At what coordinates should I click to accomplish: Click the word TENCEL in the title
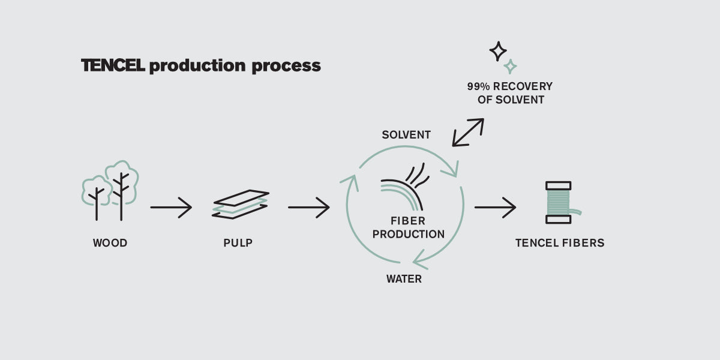(x=113, y=65)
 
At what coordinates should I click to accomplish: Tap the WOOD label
(x=110, y=243)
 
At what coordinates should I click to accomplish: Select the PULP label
(x=238, y=243)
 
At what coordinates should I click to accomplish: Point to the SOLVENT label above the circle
(x=406, y=135)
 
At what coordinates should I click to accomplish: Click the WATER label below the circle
(x=404, y=279)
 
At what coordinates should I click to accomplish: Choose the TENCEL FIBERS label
(x=560, y=243)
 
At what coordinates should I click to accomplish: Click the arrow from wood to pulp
(x=171, y=208)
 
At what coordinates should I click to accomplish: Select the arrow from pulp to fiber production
(x=308, y=208)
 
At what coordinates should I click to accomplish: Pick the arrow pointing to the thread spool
(x=495, y=208)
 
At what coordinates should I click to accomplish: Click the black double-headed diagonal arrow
(x=468, y=133)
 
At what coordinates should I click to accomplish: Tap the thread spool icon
(x=559, y=203)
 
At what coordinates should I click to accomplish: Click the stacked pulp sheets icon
(x=241, y=204)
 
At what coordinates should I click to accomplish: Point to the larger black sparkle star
(x=497, y=51)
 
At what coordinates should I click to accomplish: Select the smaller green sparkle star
(x=511, y=66)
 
